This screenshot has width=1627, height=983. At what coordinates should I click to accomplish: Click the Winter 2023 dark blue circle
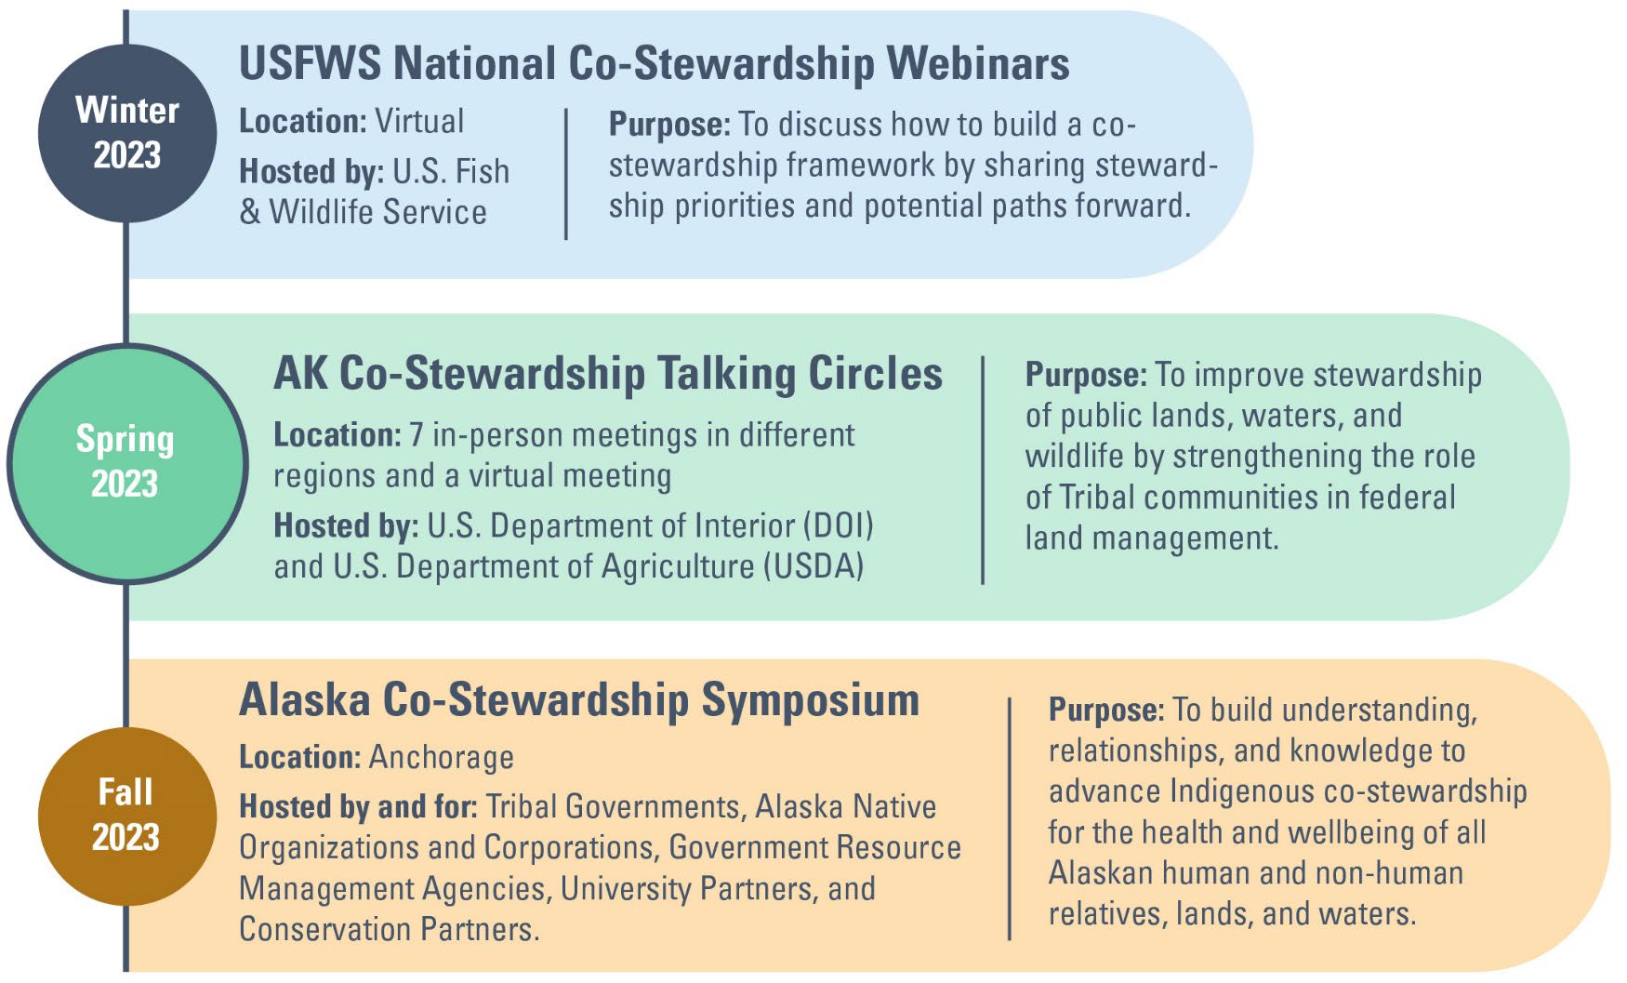127,133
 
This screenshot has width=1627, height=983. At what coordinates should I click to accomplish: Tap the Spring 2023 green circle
127,463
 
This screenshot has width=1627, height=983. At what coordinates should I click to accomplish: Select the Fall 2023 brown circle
127,816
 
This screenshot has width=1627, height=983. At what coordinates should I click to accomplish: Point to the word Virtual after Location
418,122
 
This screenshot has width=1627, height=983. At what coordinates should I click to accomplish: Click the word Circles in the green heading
875,374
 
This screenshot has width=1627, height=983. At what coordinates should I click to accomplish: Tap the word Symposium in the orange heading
810,700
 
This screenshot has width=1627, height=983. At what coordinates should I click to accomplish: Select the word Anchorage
441,757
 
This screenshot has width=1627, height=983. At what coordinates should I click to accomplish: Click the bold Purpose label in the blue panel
668,125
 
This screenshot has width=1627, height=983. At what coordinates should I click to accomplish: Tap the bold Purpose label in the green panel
1085,375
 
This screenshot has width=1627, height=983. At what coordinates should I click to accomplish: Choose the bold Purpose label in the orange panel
1105,710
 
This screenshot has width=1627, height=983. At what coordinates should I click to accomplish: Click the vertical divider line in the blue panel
565,174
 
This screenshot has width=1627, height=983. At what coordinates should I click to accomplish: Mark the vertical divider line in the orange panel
1009,818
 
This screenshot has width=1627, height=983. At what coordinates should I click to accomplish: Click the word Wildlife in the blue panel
323,212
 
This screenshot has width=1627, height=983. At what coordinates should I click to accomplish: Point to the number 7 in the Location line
417,435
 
